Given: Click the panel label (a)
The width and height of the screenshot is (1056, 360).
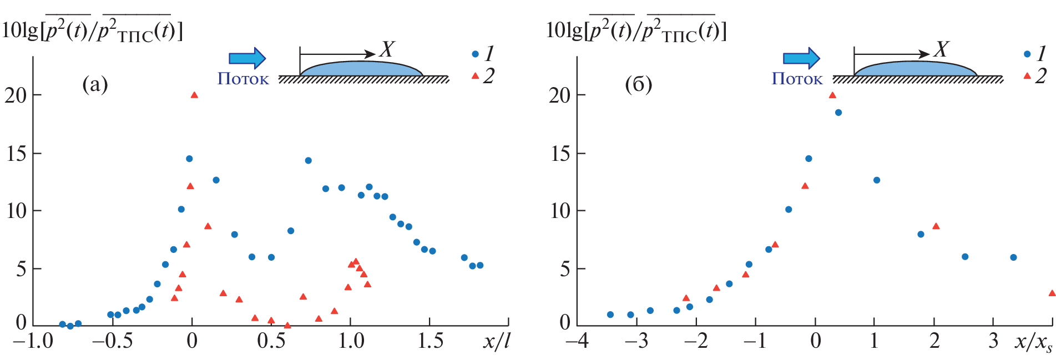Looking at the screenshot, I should [95, 85].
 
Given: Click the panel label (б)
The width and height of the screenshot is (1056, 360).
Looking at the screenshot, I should [638, 85].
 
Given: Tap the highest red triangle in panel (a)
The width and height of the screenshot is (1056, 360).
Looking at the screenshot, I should [194, 95].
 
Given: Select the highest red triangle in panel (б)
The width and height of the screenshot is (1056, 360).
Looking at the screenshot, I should [832, 95].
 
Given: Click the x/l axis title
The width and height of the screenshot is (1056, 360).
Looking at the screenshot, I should [496, 341].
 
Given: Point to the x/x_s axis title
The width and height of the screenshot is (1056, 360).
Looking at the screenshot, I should [1033, 342].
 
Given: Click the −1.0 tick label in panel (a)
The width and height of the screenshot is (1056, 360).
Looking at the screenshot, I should [33, 341].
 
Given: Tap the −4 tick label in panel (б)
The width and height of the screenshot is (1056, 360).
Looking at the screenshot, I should [577, 341].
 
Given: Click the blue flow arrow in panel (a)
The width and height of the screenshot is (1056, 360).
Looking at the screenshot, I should [247, 58].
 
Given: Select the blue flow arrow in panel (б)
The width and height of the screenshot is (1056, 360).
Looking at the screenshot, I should [801, 58].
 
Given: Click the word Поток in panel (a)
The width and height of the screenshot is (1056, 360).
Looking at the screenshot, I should [243, 79].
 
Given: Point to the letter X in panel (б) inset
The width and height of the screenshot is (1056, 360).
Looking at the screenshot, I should [941, 50].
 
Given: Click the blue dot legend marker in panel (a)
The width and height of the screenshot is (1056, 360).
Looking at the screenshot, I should [475, 54].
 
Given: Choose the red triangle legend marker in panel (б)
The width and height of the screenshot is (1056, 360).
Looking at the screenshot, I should [1027, 75].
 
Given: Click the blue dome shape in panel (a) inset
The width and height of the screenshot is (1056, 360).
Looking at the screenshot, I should [361, 68].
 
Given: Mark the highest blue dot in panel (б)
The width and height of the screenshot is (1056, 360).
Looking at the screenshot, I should [838, 113].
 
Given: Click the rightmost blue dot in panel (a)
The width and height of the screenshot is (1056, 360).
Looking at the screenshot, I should [480, 265].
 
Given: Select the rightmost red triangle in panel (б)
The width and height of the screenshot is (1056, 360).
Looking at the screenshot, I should [1052, 293].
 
